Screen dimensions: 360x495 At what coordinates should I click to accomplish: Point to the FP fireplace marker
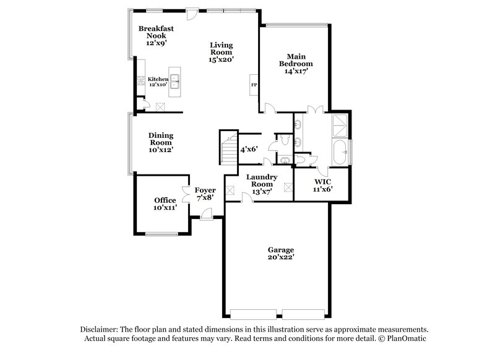coord(253,85)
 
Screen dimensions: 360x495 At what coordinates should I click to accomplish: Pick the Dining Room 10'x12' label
coord(160,142)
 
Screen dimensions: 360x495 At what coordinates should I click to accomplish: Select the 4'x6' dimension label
coord(249,149)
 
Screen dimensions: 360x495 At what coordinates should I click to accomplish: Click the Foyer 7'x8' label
coord(205,194)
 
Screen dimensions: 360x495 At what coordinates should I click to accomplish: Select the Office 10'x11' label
coord(165,204)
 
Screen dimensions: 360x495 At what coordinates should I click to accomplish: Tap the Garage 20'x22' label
coord(276,254)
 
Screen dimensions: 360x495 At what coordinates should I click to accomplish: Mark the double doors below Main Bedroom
coord(316,110)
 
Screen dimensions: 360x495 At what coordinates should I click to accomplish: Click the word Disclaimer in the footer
coord(99,330)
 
